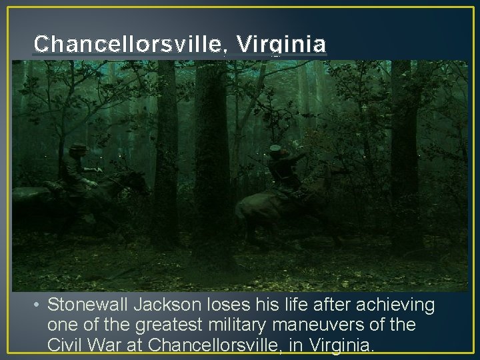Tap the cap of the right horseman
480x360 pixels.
tap(275, 147)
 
